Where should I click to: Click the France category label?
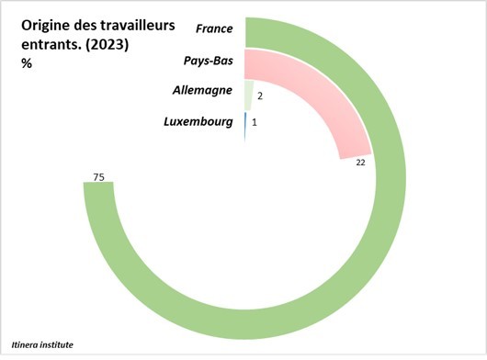[214, 28]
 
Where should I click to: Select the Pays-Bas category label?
[209, 61]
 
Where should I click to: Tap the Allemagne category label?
[201, 91]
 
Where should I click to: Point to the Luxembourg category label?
[198, 121]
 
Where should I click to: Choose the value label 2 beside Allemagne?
[261, 95]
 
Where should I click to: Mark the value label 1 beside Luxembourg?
[255, 123]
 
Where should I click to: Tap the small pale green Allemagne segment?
[248, 95]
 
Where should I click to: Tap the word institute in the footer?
[54, 345]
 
